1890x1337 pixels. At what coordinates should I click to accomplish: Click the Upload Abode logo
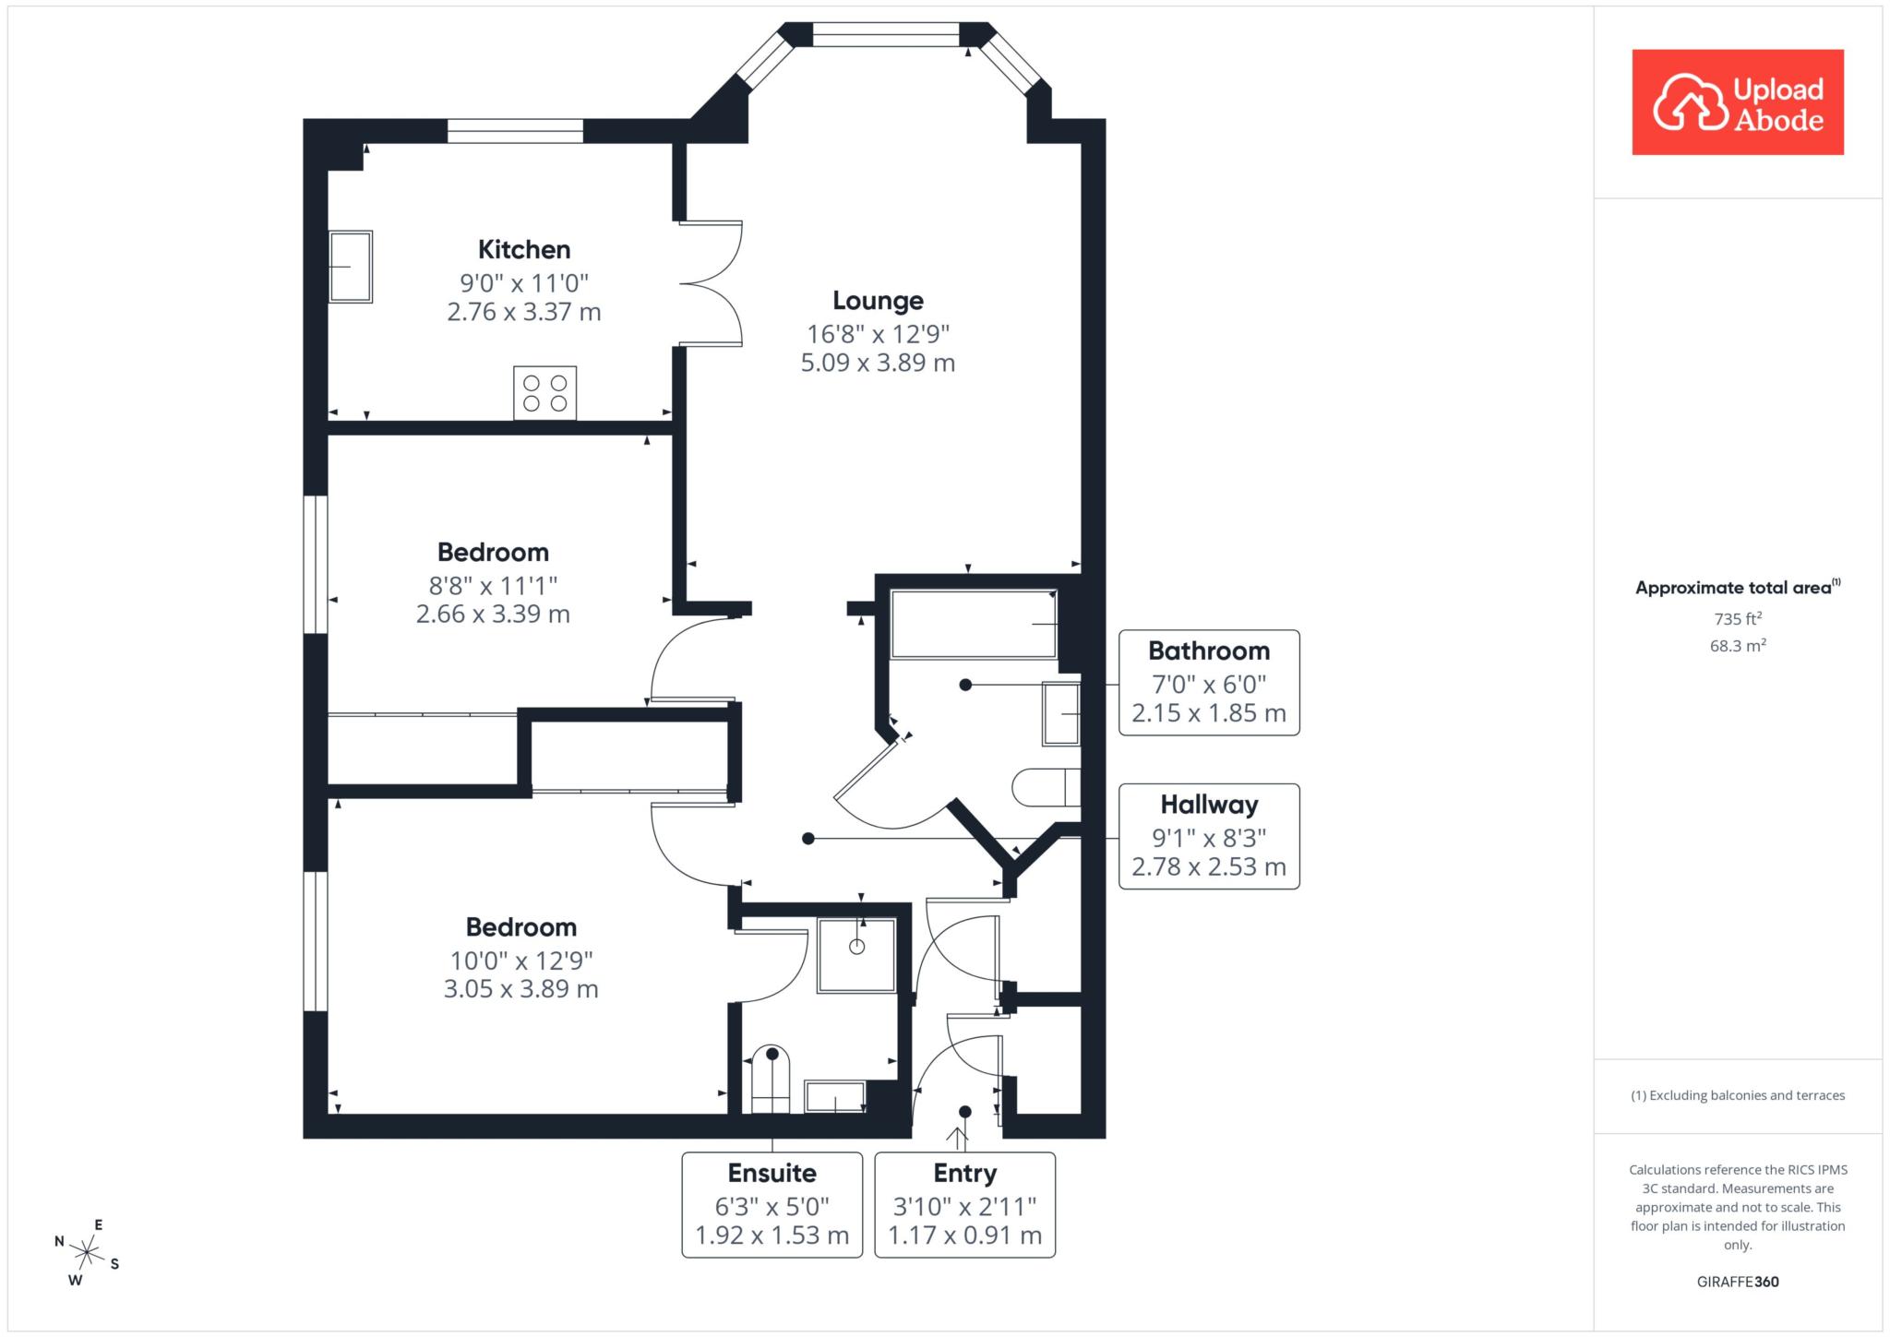pos(1738,102)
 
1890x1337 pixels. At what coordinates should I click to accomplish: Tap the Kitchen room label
pos(524,249)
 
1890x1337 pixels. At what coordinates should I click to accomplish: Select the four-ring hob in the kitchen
pos(545,393)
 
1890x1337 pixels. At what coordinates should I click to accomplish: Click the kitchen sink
pos(351,267)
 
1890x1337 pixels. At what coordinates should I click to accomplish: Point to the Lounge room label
pos(878,301)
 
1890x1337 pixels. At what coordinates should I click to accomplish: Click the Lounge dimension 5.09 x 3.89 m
pos(878,363)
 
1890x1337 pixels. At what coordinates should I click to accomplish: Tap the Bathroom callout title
pos(1209,651)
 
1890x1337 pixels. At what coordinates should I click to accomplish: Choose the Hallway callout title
pos(1209,805)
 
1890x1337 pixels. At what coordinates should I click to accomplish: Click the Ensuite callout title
pos(772,1173)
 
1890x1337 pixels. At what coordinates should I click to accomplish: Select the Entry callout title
pos(965,1174)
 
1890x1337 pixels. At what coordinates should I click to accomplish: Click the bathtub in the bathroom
pos(974,624)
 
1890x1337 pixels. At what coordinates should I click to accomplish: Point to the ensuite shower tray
pos(856,955)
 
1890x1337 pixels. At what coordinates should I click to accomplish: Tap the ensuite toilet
pos(772,1080)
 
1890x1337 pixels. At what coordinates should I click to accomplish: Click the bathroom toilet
pos(1047,788)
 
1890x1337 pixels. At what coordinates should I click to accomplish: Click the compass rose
pos(87,1253)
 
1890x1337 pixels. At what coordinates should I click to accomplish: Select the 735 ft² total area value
pos(1738,619)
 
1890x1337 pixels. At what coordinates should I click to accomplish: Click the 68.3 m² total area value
pos(1738,646)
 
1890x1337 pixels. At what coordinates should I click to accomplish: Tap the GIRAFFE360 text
pos(1738,1282)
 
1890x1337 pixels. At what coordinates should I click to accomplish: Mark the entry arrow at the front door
pos(961,1139)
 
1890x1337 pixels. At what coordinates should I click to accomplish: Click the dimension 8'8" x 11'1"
pos(494,585)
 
